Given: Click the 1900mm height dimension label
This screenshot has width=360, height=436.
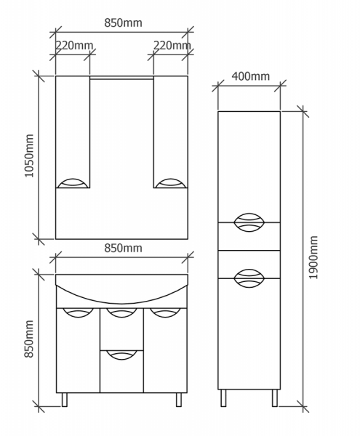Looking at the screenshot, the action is pyautogui.click(x=313, y=257).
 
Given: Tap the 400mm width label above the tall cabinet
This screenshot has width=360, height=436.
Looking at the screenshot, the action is pyautogui.click(x=251, y=76).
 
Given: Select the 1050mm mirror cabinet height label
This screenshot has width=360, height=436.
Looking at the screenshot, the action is pyautogui.click(x=29, y=156).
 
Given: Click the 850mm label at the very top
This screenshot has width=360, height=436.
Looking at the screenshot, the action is pyautogui.click(x=123, y=23).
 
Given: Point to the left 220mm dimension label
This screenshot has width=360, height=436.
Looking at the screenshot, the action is pyautogui.click(x=74, y=45).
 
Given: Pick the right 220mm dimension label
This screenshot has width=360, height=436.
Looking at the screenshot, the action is pyautogui.click(x=172, y=45).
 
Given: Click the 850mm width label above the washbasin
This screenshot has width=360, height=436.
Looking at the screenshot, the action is pyautogui.click(x=123, y=248).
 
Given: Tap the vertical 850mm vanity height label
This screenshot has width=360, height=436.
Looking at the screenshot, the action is pyautogui.click(x=29, y=339).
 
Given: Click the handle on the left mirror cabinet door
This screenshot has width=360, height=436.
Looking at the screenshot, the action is pyautogui.click(x=73, y=183).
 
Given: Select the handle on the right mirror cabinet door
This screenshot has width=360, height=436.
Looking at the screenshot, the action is pyautogui.click(x=170, y=183).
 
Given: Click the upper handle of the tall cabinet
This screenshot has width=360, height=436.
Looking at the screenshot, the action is pyautogui.click(x=249, y=222).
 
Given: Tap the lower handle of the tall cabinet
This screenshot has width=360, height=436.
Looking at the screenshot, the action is pyautogui.click(x=249, y=278).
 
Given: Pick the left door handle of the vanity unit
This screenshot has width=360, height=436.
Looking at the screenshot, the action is pyautogui.click(x=78, y=312).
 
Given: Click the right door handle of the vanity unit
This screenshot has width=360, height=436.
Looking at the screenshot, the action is pyautogui.click(x=165, y=312).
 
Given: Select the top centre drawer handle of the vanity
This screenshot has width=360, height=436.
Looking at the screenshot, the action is pyautogui.click(x=121, y=312).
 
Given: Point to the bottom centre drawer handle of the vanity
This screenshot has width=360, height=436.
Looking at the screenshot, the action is pyautogui.click(x=121, y=355).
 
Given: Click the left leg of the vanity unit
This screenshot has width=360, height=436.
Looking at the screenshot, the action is pyautogui.click(x=65, y=400).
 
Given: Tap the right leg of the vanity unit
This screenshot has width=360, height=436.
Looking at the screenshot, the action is pyautogui.click(x=179, y=400).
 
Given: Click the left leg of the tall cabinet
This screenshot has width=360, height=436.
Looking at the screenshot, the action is pyautogui.click(x=223, y=398).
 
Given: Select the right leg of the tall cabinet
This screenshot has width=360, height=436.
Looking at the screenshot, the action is pyautogui.click(x=275, y=398).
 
